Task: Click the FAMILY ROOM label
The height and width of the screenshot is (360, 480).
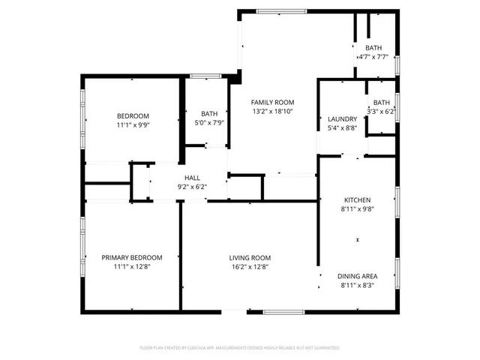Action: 272,102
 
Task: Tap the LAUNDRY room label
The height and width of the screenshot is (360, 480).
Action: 342,119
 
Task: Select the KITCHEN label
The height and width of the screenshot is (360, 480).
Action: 357,200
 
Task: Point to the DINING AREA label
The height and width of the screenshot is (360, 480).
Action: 357,276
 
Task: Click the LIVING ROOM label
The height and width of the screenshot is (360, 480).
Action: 250,257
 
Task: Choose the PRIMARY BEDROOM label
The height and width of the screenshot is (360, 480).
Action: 132,257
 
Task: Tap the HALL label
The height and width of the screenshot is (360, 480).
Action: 191,178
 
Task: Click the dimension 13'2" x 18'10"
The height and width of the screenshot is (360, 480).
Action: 272,111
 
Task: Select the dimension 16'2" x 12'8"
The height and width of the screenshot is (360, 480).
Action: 250,266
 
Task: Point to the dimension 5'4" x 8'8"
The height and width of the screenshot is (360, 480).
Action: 342,128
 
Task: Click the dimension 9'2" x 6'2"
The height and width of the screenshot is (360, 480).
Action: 191,187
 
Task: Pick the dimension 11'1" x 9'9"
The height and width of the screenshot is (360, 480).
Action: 132,124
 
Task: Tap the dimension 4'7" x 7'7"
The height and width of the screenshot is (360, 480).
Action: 373,56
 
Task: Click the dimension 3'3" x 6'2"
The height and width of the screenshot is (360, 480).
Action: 381,111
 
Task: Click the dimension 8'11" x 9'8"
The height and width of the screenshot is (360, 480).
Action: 357,209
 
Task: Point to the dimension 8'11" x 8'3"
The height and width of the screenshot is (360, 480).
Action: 357,285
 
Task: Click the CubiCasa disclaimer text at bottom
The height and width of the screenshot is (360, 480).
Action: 240,348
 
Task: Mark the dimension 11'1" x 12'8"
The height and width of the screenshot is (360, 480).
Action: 132,266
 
